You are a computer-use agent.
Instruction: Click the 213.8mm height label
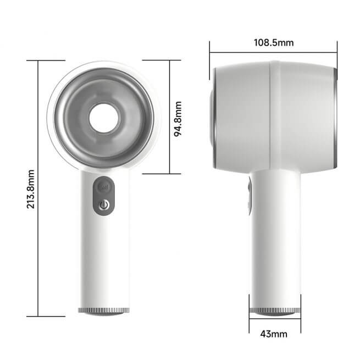pos(31,188)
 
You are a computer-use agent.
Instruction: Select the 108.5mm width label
pos(273,42)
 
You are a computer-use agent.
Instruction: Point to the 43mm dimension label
pos(273,334)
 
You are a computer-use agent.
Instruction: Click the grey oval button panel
pos(104,196)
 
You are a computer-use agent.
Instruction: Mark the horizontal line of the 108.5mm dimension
pos(236,53)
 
